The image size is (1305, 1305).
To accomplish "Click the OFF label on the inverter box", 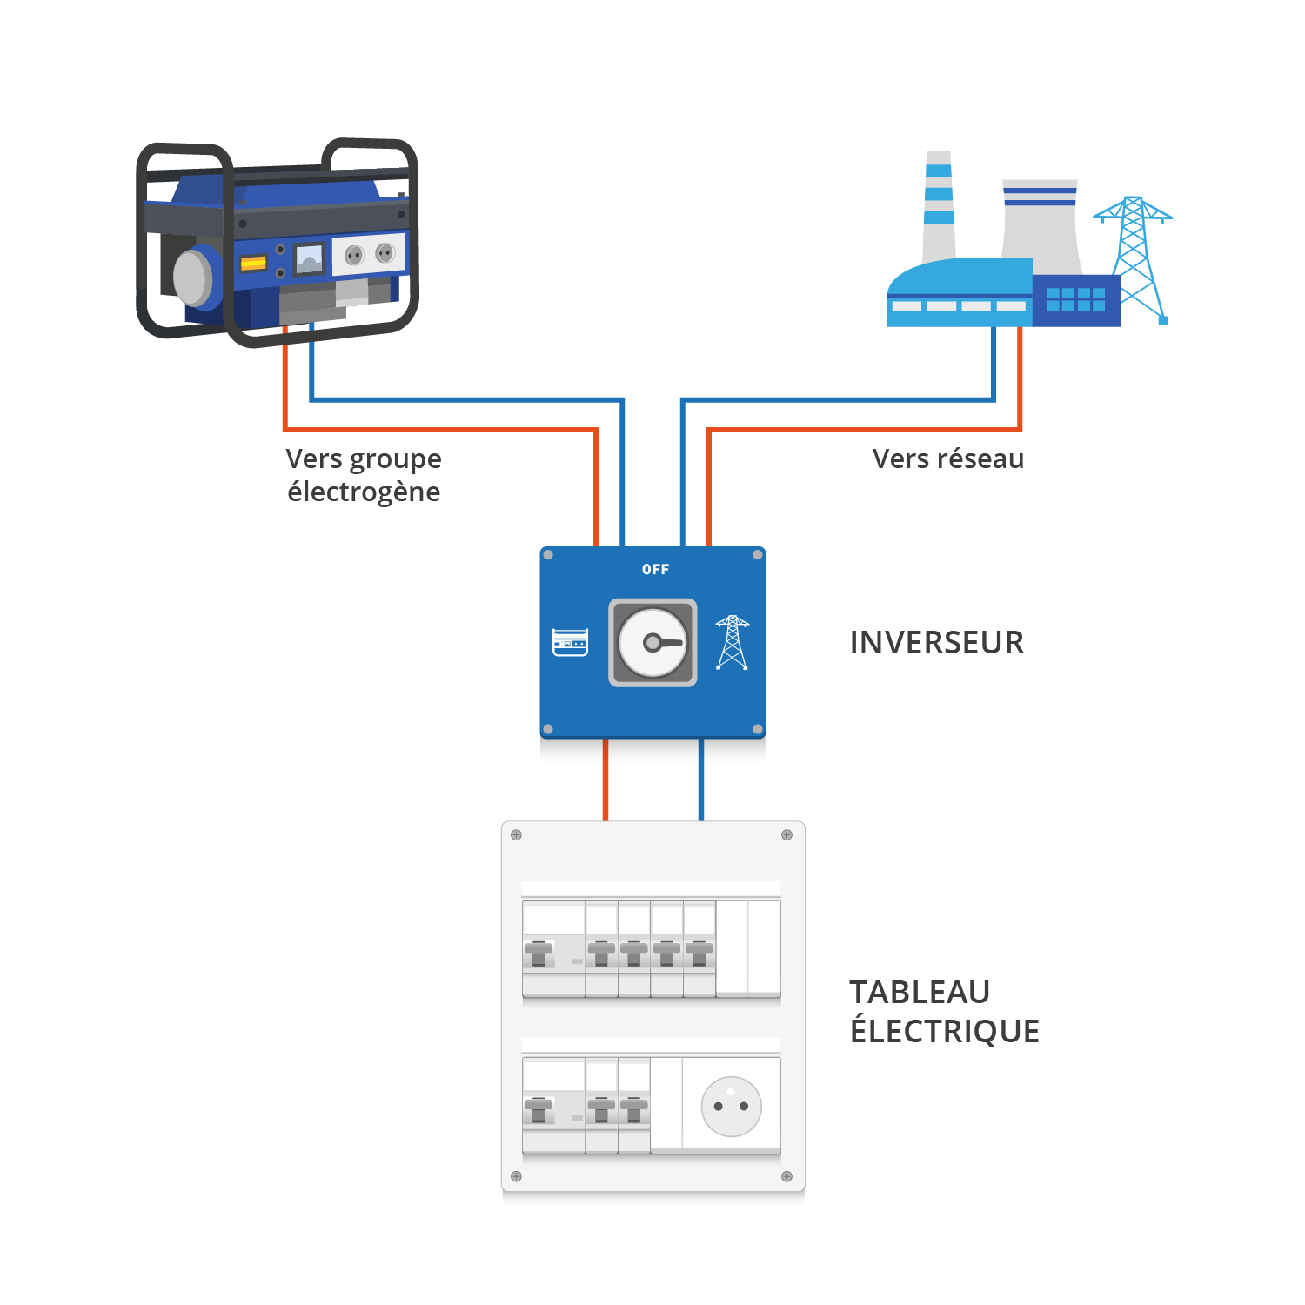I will tap(655, 569).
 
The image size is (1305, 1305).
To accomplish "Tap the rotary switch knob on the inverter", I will tap(653, 643).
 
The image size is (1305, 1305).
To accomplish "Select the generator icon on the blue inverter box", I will tap(570, 642).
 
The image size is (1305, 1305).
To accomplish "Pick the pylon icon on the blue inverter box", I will tap(733, 643).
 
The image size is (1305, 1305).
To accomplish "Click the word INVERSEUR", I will tap(936, 643).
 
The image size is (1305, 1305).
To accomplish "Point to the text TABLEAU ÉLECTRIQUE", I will tap(944, 1011).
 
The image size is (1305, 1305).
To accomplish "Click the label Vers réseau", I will tap(947, 458).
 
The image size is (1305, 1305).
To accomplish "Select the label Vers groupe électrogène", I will tap(364, 475).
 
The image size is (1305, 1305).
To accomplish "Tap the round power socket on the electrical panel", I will tap(731, 1106).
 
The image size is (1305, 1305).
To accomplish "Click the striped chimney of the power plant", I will tap(939, 204).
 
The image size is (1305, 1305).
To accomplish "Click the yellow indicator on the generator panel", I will tap(253, 263).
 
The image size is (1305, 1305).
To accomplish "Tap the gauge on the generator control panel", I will tap(309, 258).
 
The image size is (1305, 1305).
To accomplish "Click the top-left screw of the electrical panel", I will tap(516, 835).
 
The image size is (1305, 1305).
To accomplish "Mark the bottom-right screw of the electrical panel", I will tap(786, 1176).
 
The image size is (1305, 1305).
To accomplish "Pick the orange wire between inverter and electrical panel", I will tap(606, 780).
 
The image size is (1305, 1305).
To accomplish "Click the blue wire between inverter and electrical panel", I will tap(701, 780).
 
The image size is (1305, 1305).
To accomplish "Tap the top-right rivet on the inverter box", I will tap(757, 555).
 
